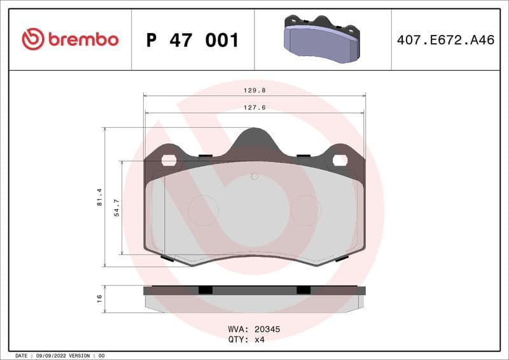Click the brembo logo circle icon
[x=33, y=39]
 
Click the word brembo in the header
[x=83, y=39]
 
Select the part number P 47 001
[x=192, y=40]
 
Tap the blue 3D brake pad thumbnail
[x=322, y=39]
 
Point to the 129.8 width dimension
[x=254, y=90]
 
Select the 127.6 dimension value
[x=254, y=107]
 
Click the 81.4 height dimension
[x=99, y=197]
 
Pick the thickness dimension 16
[x=99, y=298]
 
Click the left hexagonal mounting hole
[x=169, y=160]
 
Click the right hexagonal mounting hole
[x=340, y=160]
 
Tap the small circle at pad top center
[x=254, y=176]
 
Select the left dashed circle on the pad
[x=204, y=211]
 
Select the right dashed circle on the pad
[x=305, y=211]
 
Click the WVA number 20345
[x=268, y=330]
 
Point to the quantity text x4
[x=259, y=340]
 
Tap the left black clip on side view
[x=205, y=289]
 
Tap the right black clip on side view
[x=303, y=289]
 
